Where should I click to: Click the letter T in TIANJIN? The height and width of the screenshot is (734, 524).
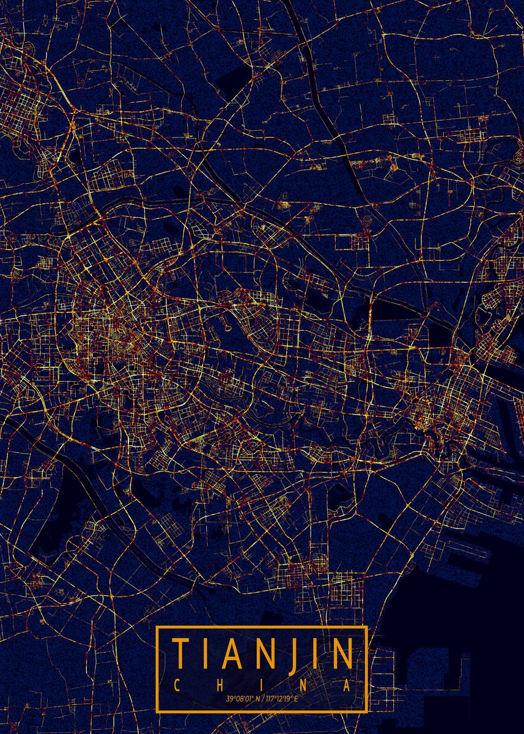pos(181,654)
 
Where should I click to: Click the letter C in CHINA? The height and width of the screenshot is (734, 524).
pos(177,685)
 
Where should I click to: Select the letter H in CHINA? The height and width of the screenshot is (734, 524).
pos(221,685)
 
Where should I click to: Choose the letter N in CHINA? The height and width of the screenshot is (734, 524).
pos(304,685)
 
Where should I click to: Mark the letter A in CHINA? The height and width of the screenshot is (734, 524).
pos(347,685)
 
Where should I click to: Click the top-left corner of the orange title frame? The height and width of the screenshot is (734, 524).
pos(157,627)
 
